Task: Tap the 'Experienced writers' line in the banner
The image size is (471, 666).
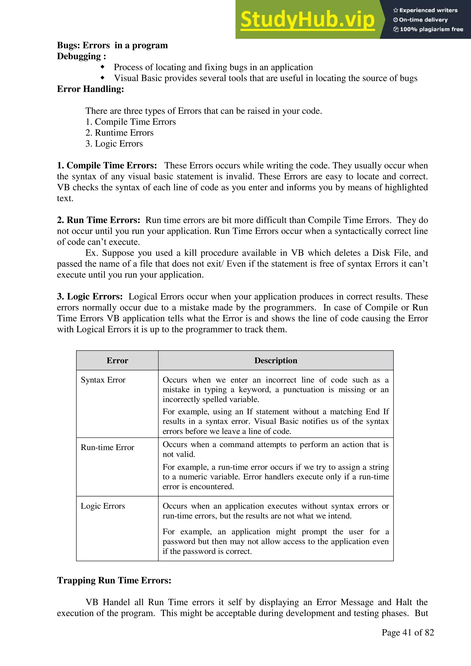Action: [x=425, y=10]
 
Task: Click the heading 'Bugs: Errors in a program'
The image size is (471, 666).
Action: [x=112, y=45]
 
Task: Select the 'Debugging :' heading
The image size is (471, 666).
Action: [x=81, y=56]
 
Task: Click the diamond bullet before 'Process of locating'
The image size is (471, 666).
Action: [x=102, y=67]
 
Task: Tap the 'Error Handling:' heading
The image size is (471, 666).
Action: [x=90, y=89]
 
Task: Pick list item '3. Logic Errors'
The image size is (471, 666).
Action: [x=114, y=144]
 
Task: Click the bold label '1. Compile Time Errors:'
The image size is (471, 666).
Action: [x=107, y=166]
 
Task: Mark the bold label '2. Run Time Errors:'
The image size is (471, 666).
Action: [x=98, y=220]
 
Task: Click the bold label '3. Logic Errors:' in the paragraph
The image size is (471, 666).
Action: [x=90, y=297]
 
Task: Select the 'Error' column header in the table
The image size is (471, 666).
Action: [x=117, y=360]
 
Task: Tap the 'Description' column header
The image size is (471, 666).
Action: [x=276, y=360]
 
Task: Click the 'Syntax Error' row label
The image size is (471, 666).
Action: [x=103, y=380]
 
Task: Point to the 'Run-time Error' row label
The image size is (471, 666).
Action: [x=107, y=448]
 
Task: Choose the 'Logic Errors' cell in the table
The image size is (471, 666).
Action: [x=103, y=506]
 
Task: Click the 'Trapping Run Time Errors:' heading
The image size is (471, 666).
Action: [x=114, y=580]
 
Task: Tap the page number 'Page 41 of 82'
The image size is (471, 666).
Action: [x=408, y=632]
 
